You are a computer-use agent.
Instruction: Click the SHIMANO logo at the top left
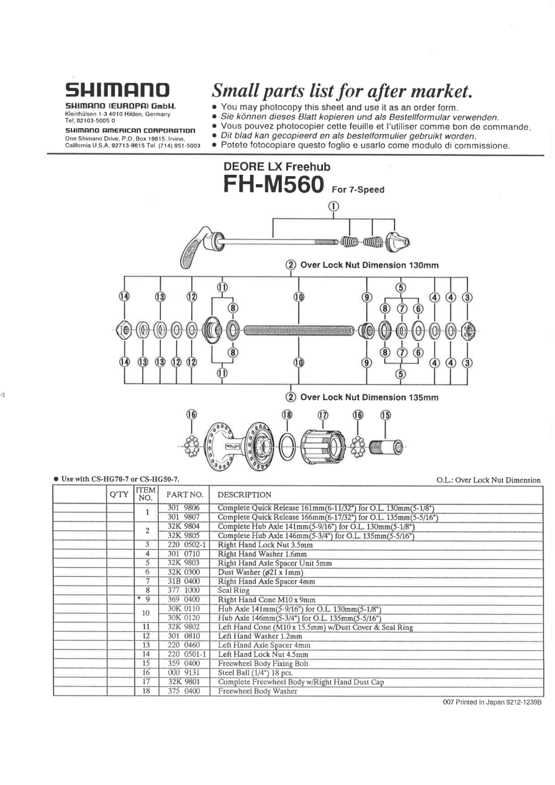[118, 91]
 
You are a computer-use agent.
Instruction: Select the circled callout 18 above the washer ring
[287, 415]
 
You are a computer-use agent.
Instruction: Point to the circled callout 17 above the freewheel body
[323, 415]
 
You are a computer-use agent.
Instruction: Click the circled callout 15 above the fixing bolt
[385, 415]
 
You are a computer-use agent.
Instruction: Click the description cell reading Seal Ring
[233, 590]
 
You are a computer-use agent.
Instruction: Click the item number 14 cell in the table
[147, 654]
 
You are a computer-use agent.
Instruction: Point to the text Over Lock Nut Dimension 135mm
[369, 398]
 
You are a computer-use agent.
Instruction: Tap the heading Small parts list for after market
[341, 92]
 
